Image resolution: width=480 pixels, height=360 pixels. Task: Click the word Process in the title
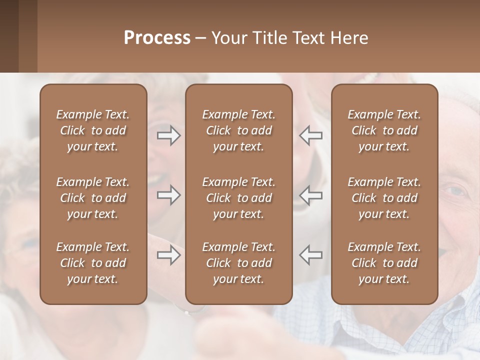pos(157,38)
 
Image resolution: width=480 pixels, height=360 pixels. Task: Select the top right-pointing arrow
pos(168,135)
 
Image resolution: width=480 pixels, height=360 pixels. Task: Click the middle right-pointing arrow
pos(168,195)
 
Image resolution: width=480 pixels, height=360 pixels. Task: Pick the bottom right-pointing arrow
pos(168,255)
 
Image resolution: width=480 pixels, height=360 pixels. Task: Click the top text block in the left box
pos(93,130)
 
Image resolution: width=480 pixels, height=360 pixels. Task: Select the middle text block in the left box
pos(93,198)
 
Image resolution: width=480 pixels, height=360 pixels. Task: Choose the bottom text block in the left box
pos(93,263)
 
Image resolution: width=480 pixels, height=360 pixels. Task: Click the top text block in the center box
pos(239,130)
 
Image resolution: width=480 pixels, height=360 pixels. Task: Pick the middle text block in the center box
pos(239,198)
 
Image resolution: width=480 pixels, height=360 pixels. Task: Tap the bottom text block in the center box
pos(239,263)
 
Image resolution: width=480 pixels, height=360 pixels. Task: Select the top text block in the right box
pos(384,130)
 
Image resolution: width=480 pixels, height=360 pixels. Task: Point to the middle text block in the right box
pos(384,198)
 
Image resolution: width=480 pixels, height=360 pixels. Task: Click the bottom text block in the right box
pos(384,263)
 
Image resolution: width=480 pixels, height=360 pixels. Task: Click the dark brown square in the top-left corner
pos(9,36)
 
